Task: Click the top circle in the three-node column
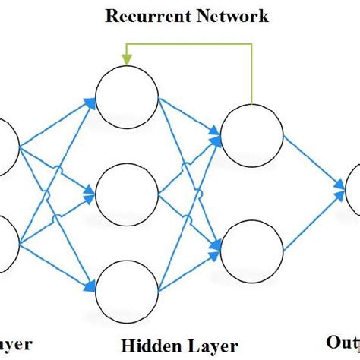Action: [126, 98]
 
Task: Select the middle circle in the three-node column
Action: [126, 192]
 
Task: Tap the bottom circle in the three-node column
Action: [126, 286]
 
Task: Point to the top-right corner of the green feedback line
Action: [251, 44]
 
